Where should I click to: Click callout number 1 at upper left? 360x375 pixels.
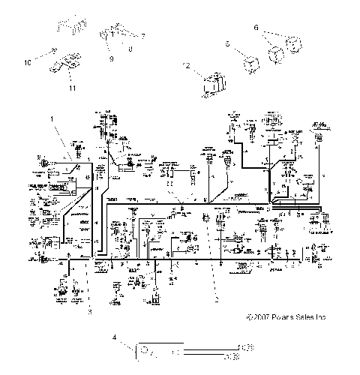click(52, 118)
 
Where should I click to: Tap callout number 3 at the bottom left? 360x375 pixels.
click(88, 310)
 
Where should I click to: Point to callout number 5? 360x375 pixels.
click(227, 45)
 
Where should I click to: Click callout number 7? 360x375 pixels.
click(143, 36)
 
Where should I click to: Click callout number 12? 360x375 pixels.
click(187, 66)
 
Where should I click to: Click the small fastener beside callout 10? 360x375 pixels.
click(55, 52)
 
